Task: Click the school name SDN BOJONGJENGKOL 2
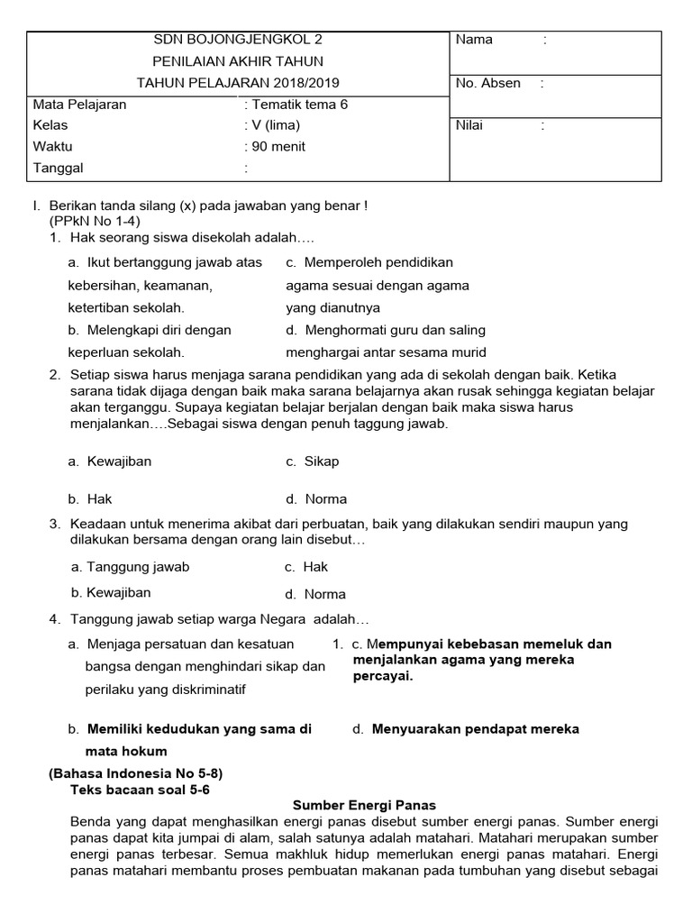pos(239,40)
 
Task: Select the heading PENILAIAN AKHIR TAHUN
pos(239,61)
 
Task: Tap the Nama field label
pos(474,40)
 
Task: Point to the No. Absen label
pos(487,83)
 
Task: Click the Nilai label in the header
pos(469,125)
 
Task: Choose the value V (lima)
pos(276,125)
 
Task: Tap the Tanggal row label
pos(58,168)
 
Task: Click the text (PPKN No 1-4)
pos(95,221)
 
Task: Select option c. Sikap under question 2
pos(313,461)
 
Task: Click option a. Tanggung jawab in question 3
pos(130,567)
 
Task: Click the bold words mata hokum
pos(125,751)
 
